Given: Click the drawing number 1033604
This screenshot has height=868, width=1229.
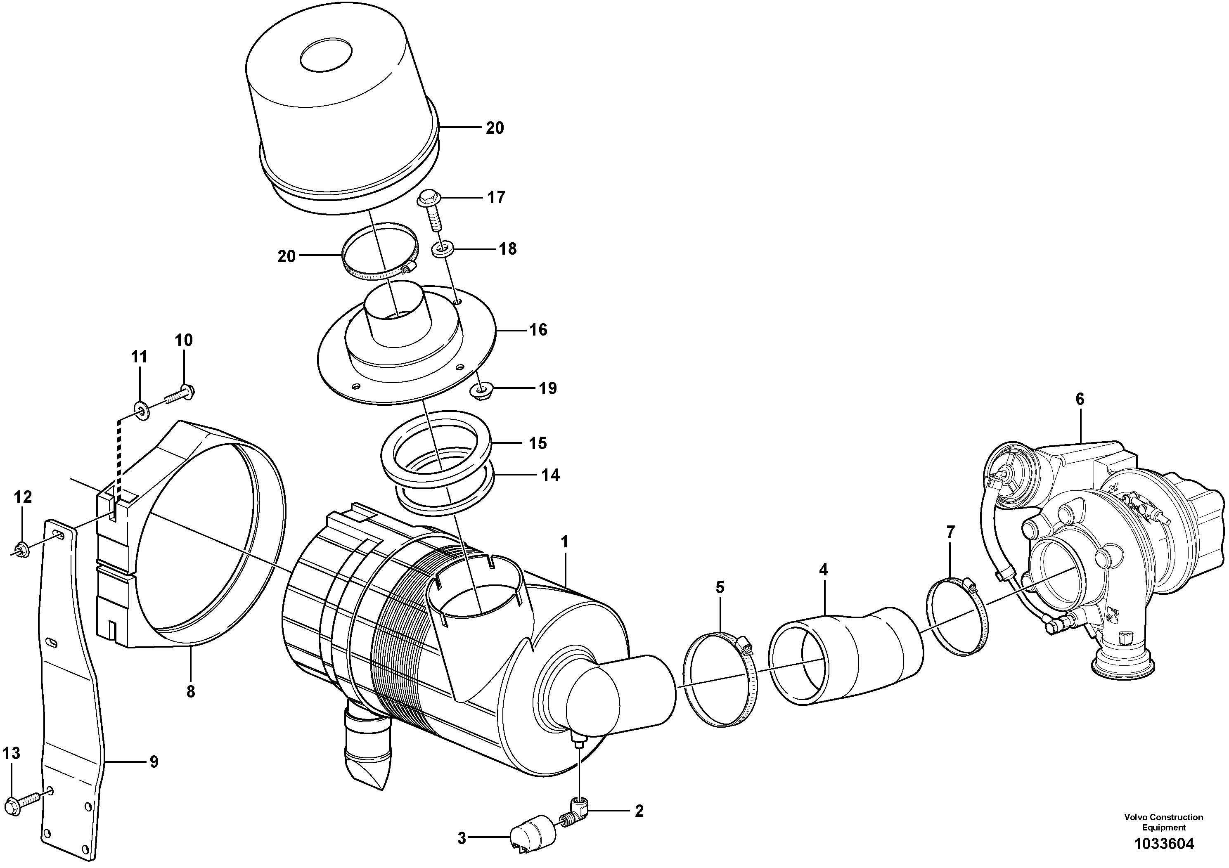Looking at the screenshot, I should click(1163, 844).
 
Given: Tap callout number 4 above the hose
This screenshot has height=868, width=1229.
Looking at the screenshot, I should click(823, 570).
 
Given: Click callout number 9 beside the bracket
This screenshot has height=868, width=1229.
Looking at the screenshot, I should click(154, 762).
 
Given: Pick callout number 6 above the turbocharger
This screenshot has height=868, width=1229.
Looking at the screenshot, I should click(1080, 399).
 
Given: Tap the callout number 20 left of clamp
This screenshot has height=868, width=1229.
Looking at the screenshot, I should click(287, 256).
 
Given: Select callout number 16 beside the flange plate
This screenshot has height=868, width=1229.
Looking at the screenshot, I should click(538, 330).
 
